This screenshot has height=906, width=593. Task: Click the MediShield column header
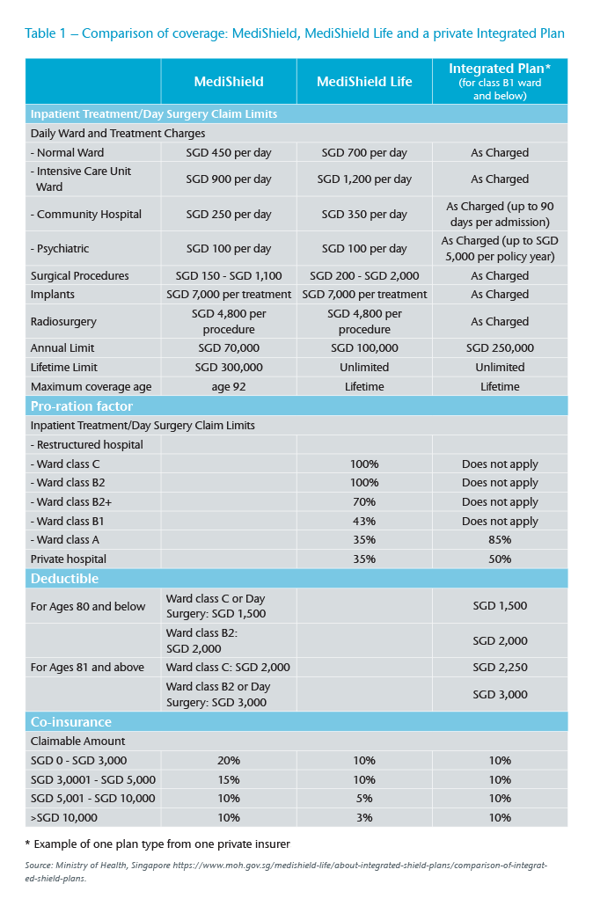tap(229, 81)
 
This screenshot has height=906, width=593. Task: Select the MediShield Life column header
tap(364, 81)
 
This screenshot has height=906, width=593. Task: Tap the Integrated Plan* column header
tap(500, 81)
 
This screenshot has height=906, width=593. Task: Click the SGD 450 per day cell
tap(229, 153)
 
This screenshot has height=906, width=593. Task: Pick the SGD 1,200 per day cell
tap(364, 179)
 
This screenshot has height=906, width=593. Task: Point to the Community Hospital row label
tap(86, 215)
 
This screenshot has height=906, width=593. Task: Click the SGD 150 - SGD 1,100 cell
tap(229, 275)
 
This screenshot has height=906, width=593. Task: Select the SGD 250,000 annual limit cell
tap(500, 348)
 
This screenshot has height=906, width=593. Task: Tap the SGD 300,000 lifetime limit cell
tap(229, 368)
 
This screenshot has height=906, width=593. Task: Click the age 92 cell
tap(229, 387)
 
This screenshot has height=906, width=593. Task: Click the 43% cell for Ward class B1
tap(364, 522)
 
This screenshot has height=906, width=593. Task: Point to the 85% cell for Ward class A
tap(500, 541)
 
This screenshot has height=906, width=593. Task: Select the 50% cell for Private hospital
tap(500, 559)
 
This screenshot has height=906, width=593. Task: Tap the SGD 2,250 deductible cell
tap(500, 668)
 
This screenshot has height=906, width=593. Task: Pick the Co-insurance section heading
tap(72, 721)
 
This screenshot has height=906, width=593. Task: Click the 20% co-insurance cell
tap(229, 760)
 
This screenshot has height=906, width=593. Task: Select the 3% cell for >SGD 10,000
tap(364, 818)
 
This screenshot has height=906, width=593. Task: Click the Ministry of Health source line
tap(286, 870)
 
